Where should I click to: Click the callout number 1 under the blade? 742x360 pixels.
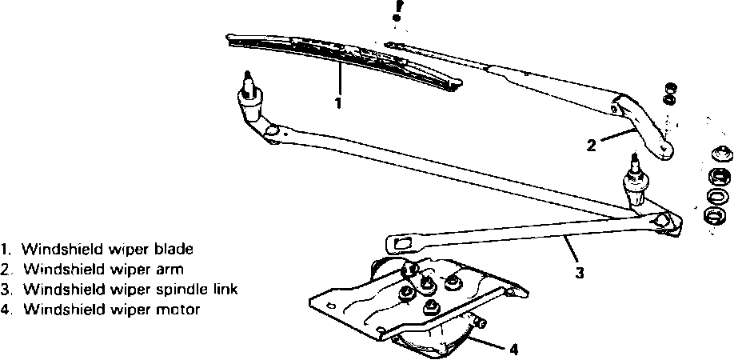click(338, 103)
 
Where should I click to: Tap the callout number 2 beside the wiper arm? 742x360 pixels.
click(591, 146)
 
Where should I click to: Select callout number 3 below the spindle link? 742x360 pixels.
click(579, 273)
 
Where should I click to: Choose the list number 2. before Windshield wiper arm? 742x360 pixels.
click(6, 270)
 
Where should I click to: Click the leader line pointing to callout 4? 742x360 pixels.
click(489, 345)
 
